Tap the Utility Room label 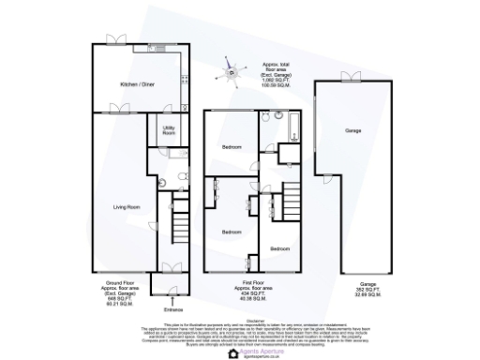click(170, 131)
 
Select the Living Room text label click(127, 206)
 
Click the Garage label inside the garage click(352, 130)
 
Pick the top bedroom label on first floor click(232, 148)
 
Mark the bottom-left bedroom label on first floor click(231, 231)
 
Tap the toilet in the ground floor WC click(163, 184)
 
